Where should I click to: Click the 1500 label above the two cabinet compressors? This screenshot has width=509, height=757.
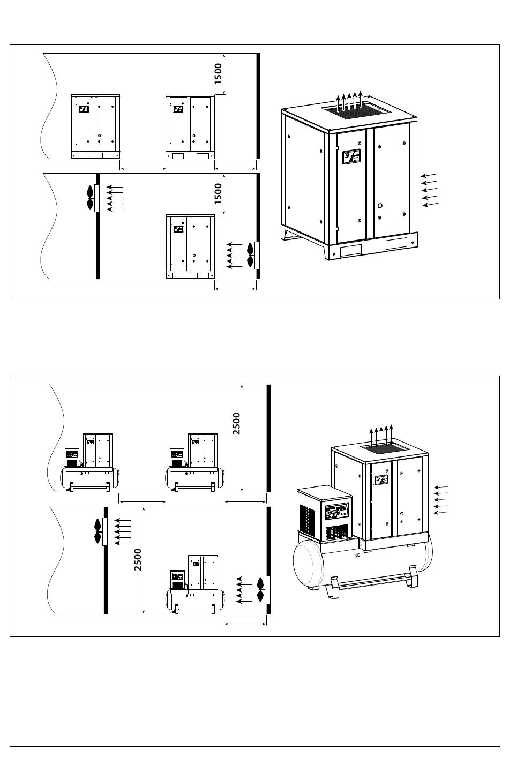click(218, 74)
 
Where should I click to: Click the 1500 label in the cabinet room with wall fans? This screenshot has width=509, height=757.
click(218, 193)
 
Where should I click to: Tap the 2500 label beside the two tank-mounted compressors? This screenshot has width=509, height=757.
click(236, 423)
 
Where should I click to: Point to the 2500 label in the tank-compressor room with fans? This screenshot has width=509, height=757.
click(138, 559)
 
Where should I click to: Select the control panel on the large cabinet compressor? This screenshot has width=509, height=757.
click(351, 156)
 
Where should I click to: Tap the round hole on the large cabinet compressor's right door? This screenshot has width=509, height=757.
click(380, 206)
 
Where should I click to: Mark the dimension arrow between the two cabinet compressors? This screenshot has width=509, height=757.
click(143, 169)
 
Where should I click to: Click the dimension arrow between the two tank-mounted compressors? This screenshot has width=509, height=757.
click(142, 501)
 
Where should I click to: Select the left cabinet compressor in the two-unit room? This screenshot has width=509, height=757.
click(95, 127)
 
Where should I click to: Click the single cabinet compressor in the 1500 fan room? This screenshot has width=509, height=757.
click(191, 246)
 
